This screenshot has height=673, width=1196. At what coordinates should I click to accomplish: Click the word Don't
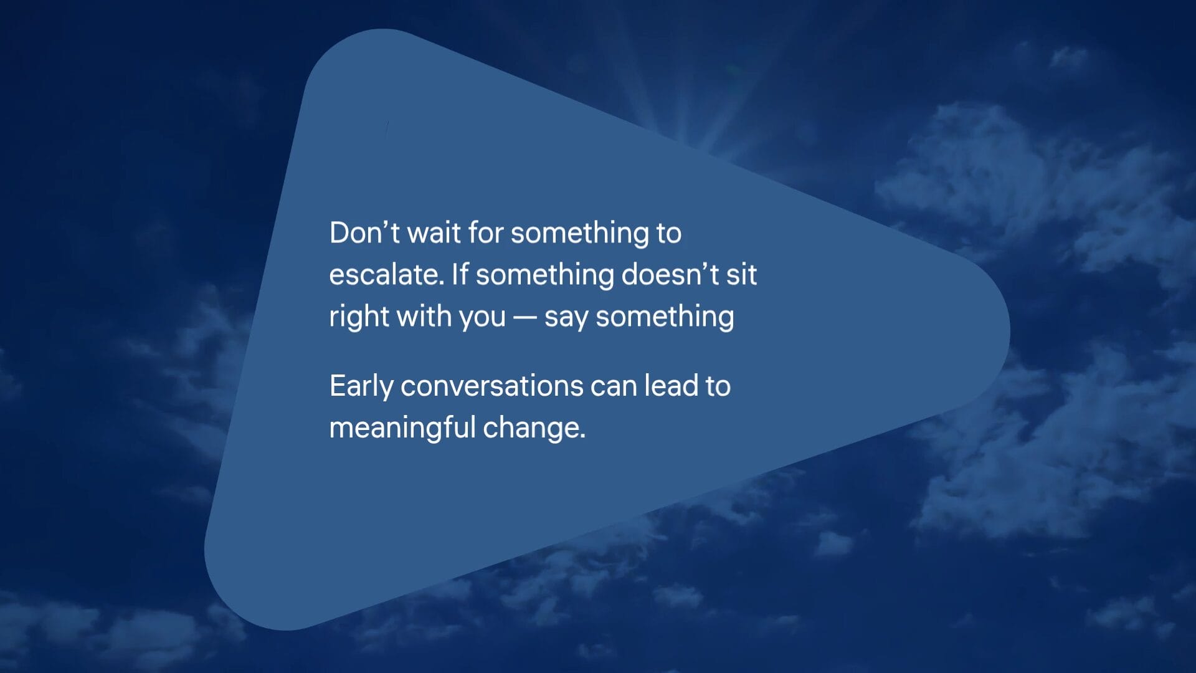click(x=364, y=232)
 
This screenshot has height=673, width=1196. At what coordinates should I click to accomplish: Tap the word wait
click(x=434, y=232)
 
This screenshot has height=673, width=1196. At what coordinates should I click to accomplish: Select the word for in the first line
click(x=485, y=232)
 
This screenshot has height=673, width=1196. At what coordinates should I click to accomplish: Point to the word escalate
click(x=387, y=274)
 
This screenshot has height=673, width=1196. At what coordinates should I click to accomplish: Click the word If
click(x=460, y=274)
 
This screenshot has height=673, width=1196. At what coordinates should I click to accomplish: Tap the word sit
click(x=741, y=274)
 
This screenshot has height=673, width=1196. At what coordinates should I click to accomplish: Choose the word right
click(x=359, y=317)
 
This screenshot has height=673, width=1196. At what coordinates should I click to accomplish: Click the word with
click(x=424, y=316)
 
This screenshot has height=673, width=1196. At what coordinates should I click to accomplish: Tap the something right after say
click(x=665, y=317)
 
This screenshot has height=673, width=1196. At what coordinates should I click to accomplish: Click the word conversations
click(x=491, y=386)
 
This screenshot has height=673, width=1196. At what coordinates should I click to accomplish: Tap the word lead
click(x=671, y=386)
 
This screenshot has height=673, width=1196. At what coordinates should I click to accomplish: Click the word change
click(x=534, y=429)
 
